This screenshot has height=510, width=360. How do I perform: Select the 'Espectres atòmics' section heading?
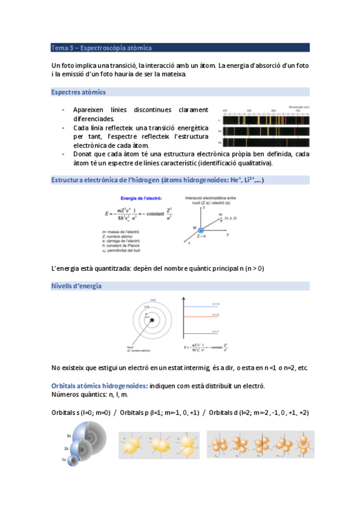[79, 92]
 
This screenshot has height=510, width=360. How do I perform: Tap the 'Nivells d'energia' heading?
[77, 286]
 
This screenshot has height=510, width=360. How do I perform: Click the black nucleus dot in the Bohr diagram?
[153, 320]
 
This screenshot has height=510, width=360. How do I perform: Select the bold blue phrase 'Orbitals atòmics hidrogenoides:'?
[99, 385]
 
